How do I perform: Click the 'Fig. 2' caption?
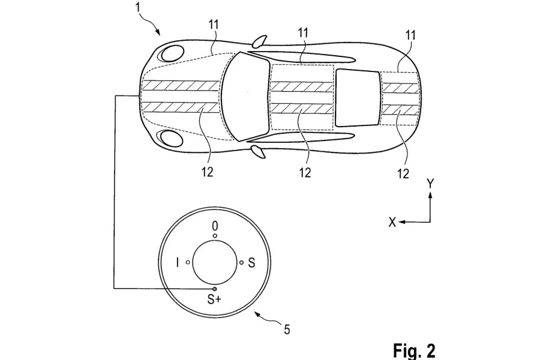pos(414,350)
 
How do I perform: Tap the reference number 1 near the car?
pos(138,7)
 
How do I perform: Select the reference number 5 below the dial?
pos(287,329)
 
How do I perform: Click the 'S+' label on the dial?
pos(214,299)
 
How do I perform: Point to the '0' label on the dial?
pos(215,226)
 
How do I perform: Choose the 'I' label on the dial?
pos(178,263)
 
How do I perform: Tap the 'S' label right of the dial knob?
pos(252,263)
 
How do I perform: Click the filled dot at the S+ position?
pos(215,289)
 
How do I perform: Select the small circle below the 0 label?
pos(215,236)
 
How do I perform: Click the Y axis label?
pos(430,184)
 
